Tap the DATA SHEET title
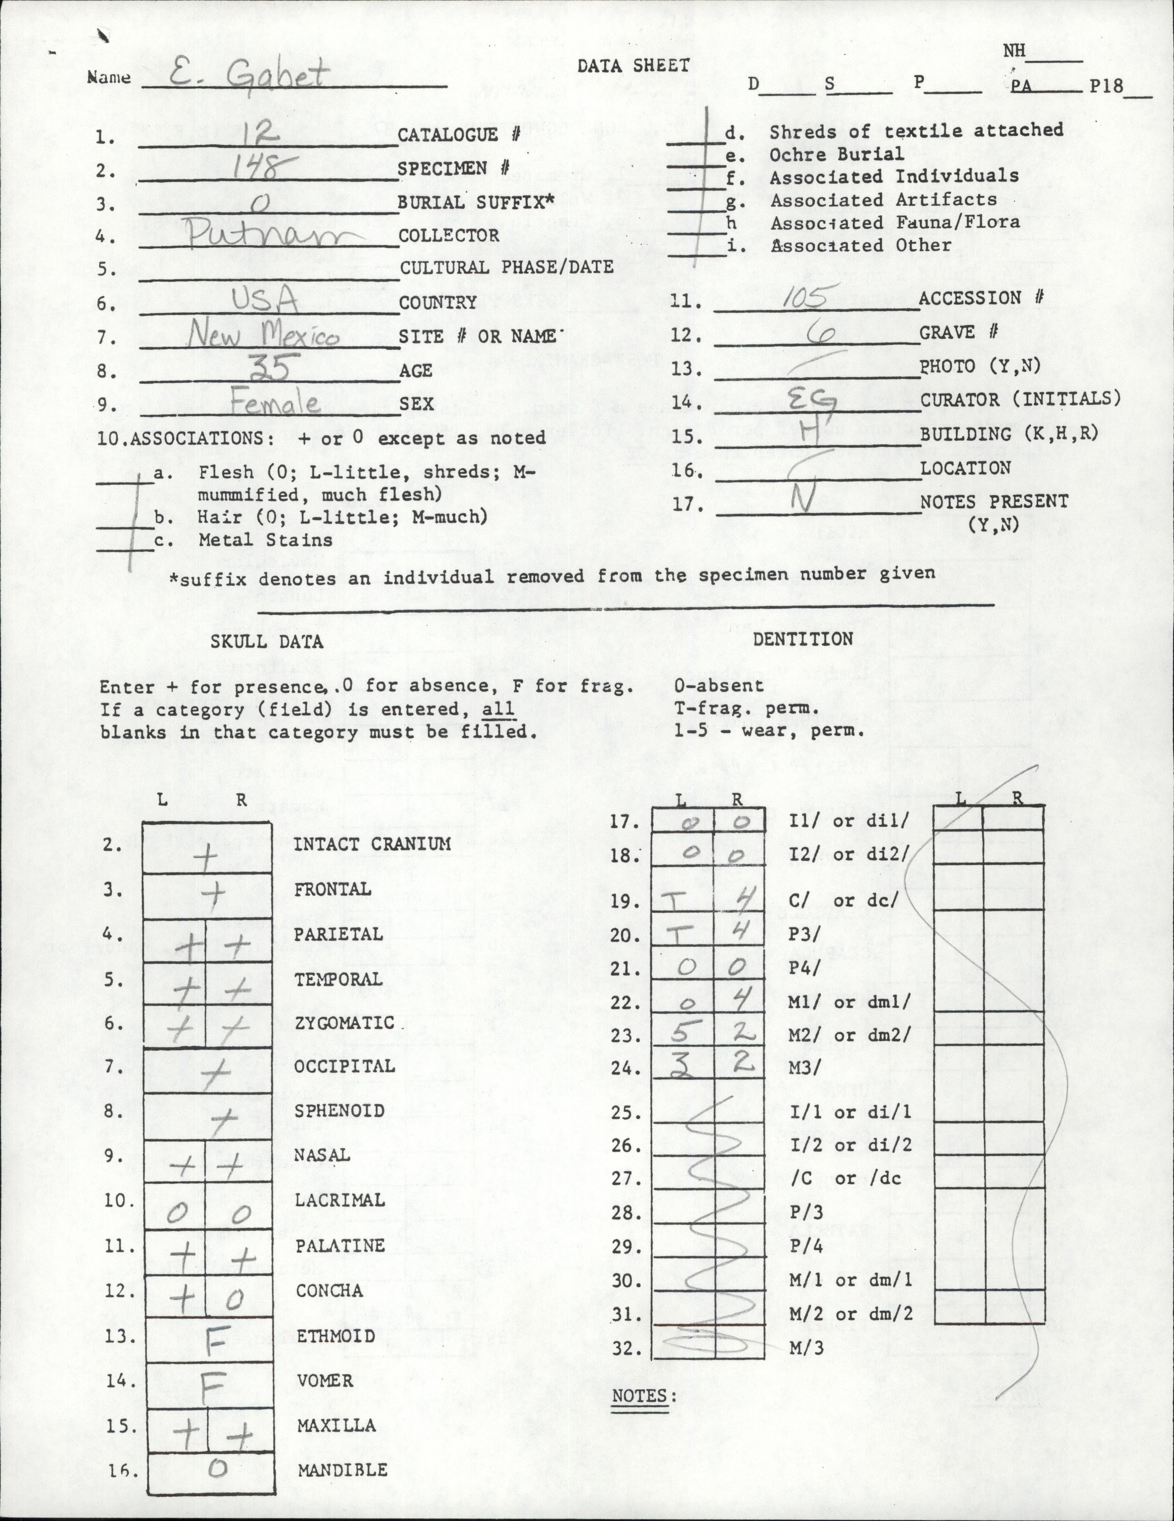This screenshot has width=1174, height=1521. (632, 66)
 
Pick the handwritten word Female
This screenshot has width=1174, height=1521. (275, 403)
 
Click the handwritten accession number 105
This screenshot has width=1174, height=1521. (804, 298)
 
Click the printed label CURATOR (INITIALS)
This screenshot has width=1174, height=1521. (1021, 399)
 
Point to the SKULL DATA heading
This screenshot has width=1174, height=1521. (267, 641)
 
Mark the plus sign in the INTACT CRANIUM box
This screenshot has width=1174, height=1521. (207, 861)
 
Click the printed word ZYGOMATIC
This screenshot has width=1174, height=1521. (344, 1023)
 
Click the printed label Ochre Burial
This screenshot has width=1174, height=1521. (836, 154)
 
